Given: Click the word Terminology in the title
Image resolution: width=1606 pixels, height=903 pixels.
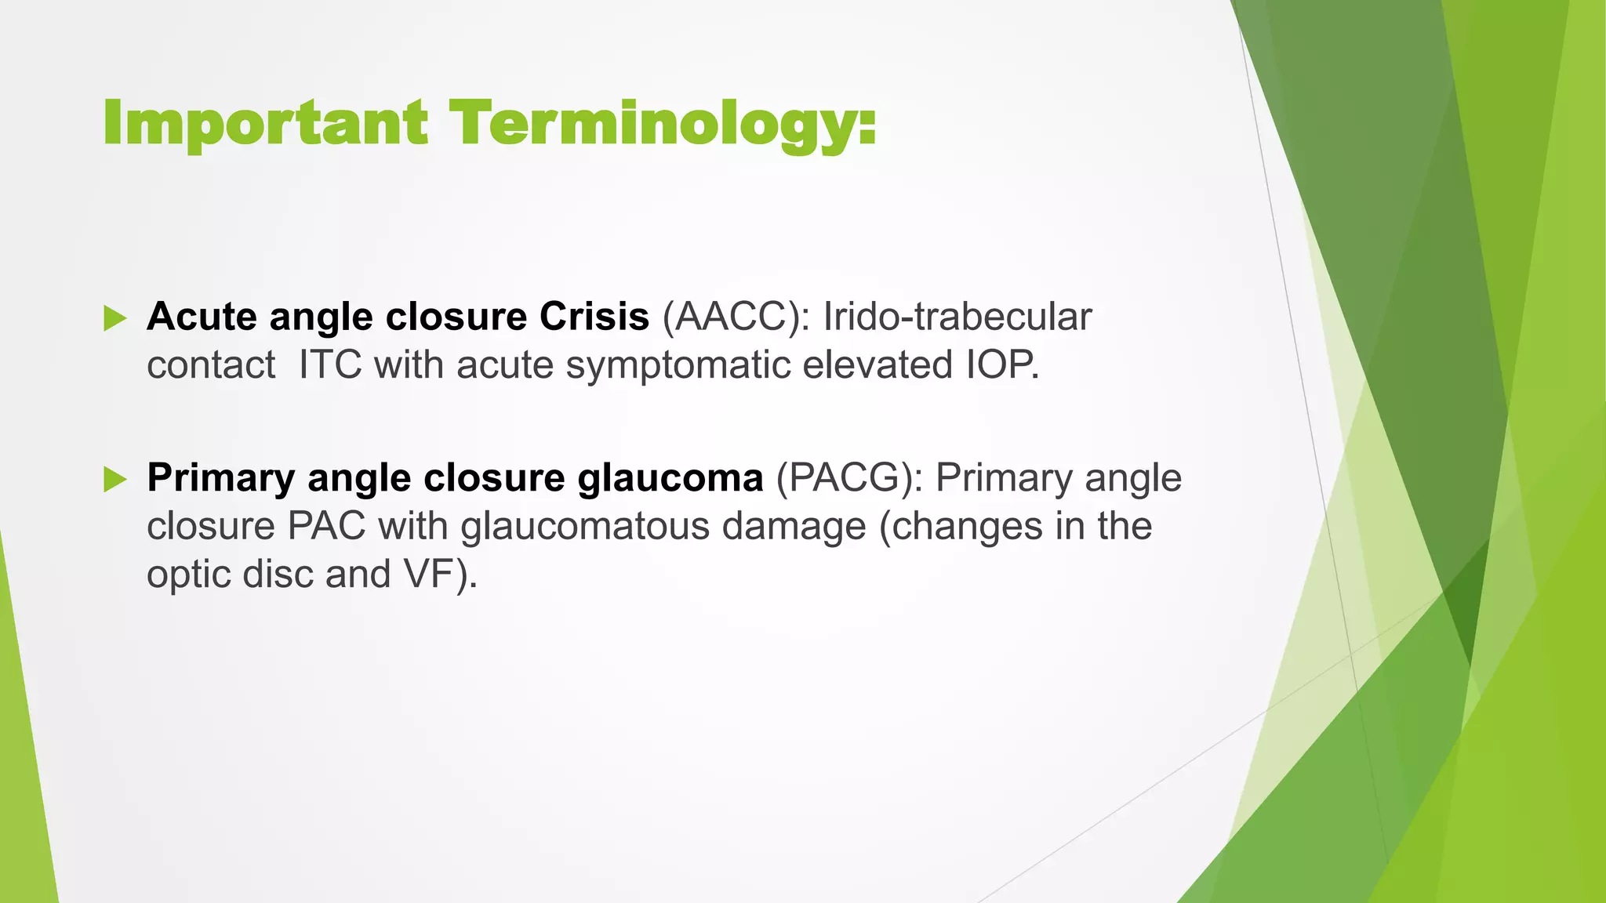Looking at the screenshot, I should [655, 124].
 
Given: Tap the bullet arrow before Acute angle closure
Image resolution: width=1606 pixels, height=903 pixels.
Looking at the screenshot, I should [114, 318].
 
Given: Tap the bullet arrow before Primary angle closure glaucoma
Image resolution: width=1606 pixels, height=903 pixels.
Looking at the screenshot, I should [114, 479].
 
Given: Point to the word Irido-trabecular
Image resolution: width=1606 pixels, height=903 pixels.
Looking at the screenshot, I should [957, 317].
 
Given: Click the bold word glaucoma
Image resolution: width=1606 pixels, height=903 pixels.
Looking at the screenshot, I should [670, 478].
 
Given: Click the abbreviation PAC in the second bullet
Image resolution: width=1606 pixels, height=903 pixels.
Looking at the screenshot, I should [326, 526].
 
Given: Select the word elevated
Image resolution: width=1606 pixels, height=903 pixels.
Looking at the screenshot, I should [874, 365].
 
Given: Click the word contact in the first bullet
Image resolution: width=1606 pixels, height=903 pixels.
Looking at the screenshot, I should [210, 365].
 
